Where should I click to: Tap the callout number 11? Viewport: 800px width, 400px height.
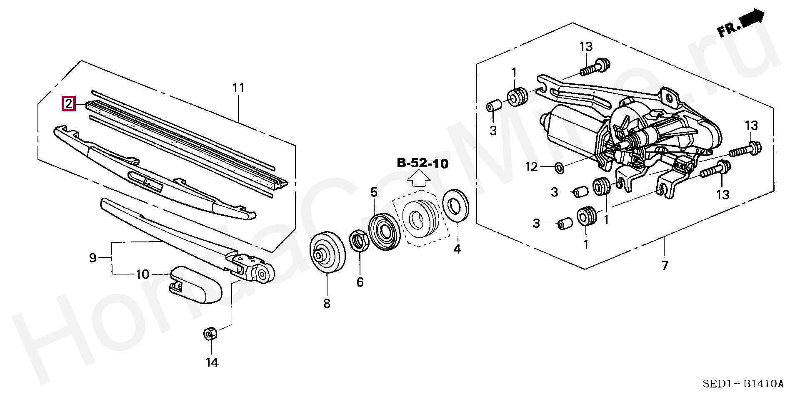click(x=238, y=88)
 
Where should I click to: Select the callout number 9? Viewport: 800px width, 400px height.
click(x=92, y=258)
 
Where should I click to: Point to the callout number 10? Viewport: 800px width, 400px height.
click(x=142, y=274)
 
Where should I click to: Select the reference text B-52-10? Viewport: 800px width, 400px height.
click(x=422, y=164)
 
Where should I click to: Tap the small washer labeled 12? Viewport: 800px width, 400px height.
click(x=559, y=168)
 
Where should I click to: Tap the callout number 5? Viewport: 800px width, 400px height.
click(x=374, y=192)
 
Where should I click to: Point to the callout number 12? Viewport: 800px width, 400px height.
click(x=532, y=167)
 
